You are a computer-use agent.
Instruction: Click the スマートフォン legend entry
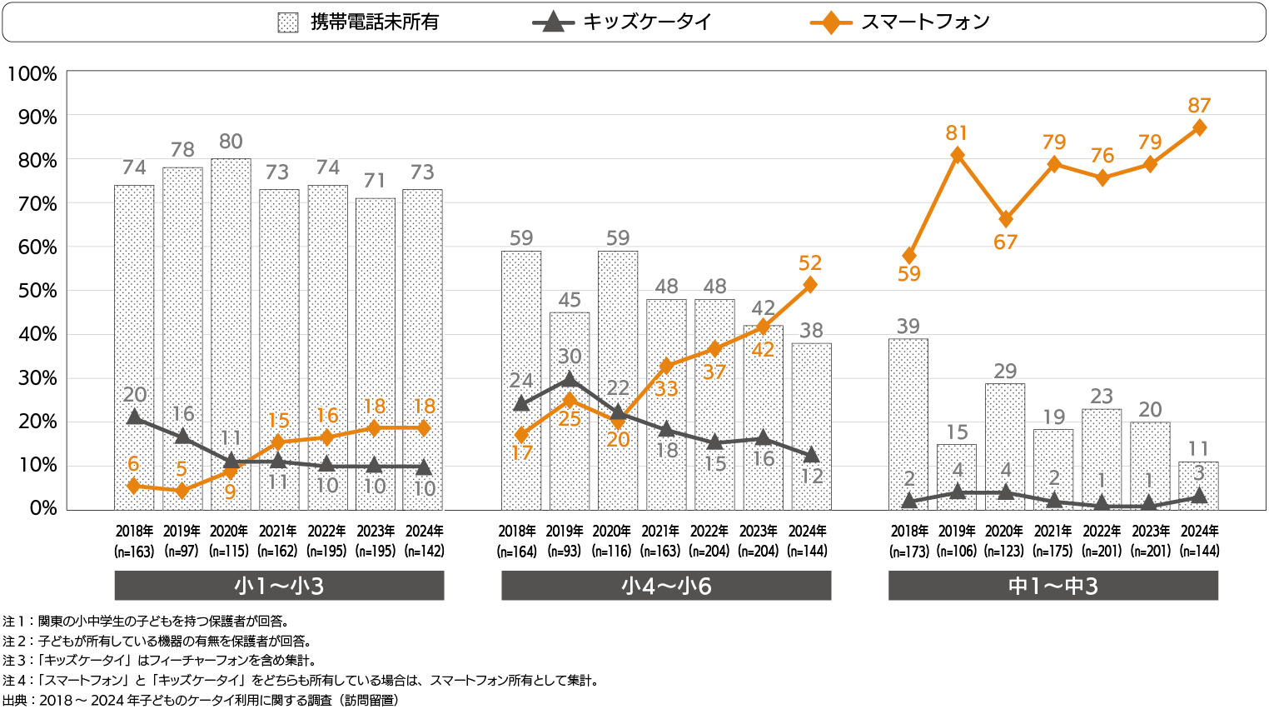(x=899, y=22)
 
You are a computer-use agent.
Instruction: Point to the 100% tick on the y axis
(x=32, y=74)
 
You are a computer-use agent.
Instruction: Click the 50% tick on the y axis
(x=37, y=291)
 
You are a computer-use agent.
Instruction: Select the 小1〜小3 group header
(x=279, y=586)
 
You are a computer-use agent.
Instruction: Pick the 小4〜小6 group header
(x=666, y=586)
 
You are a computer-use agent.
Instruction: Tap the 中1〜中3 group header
(x=1053, y=586)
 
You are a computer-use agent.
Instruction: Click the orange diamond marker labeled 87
(x=1199, y=127)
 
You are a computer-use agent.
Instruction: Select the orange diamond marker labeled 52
(x=810, y=285)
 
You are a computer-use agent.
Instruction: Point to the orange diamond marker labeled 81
(x=958, y=155)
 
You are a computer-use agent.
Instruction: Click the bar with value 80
(x=231, y=333)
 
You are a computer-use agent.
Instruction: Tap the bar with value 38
(x=811, y=426)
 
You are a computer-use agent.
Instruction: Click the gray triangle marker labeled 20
(x=134, y=417)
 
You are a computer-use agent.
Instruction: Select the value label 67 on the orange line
(x=1006, y=242)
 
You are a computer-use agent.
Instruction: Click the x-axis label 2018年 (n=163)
(x=134, y=541)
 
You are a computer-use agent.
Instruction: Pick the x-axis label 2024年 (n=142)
(x=424, y=541)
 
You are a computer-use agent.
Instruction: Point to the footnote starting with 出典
(x=201, y=700)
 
